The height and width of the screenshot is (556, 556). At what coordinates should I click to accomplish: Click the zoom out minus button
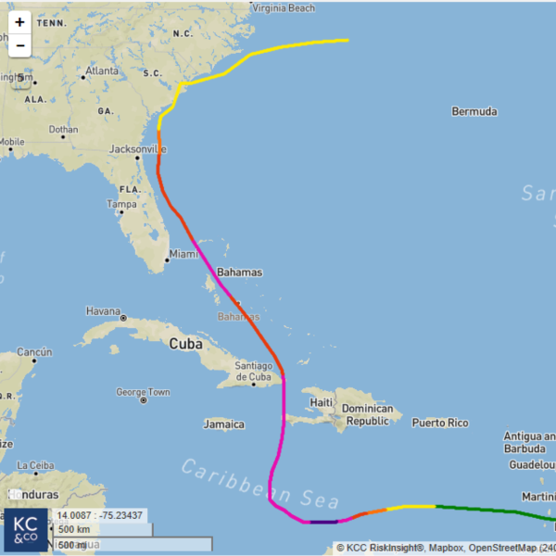click(x=19, y=44)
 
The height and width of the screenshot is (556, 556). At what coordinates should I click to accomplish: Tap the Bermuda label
click(x=474, y=112)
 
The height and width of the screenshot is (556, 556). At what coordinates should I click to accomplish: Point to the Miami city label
click(x=183, y=254)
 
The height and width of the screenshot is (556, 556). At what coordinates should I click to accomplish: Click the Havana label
click(x=102, y=311)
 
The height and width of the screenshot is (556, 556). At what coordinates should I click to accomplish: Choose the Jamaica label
click(x=223, y=425)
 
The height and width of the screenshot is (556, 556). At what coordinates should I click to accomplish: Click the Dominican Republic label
click(x=367, y=414)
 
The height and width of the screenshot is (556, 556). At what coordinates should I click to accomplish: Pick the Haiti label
click(x=322, y=402)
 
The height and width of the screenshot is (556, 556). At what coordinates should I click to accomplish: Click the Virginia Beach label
click(x=284, y=8)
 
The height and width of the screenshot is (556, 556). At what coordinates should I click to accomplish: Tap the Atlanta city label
click(x=101, y=70)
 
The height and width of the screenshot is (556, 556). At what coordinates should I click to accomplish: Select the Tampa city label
click(x=121, y=204)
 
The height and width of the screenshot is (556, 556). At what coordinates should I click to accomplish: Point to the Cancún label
click(x=33, y=352)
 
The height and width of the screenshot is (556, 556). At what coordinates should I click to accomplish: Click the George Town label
click(x=144, y=392)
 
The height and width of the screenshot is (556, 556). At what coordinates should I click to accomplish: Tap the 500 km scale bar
click(x=103, y=529)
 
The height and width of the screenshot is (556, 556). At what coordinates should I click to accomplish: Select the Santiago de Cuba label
click(x=253, y=371)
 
